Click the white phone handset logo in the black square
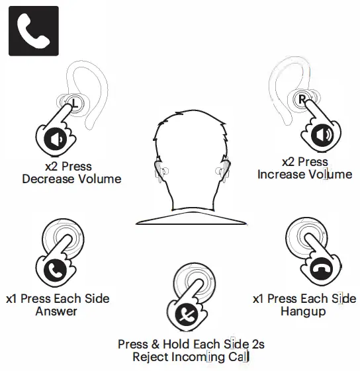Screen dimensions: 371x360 [x=32, y=30]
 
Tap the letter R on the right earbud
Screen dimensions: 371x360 [x=302, y=99]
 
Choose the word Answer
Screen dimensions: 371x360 [x=56, y=311]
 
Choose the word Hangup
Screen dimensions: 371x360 [x=302, y=311]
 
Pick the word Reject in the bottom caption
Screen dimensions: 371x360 [x=150, y=357]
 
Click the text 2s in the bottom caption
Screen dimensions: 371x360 [x=257, y=345]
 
